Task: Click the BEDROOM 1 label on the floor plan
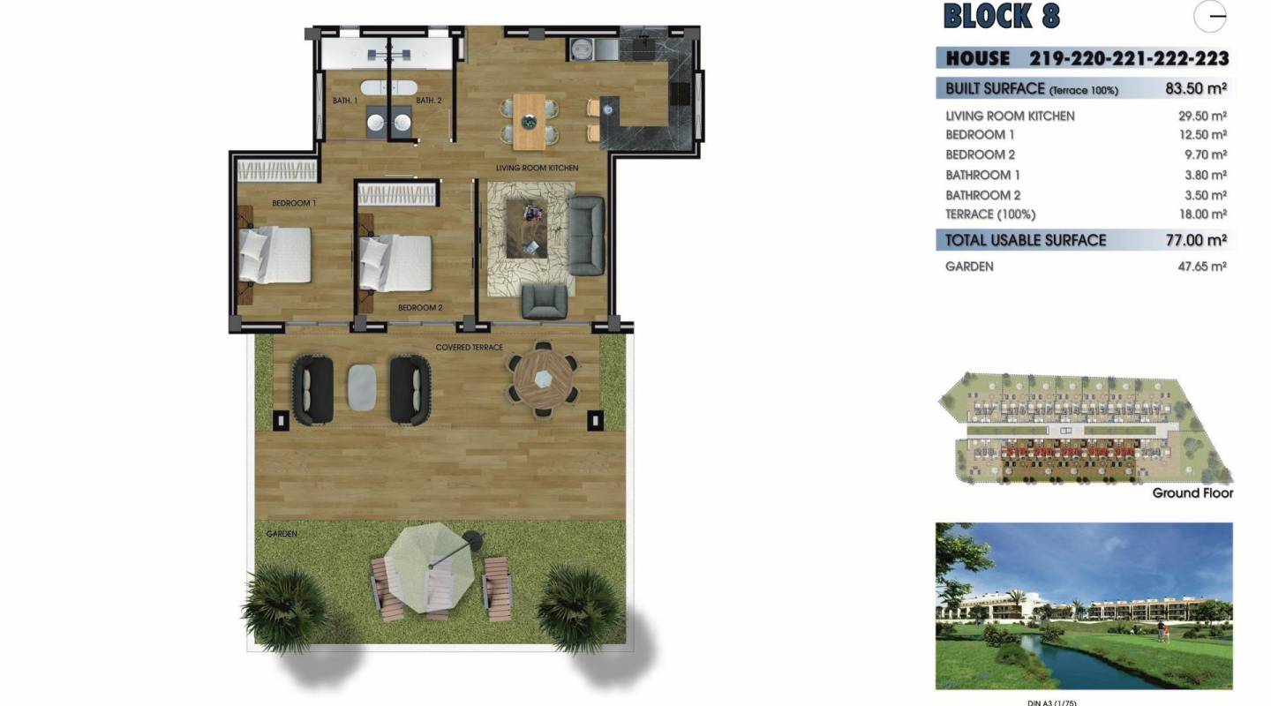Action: [x=294, y=203]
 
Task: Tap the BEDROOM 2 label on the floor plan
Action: [x=420, y=308]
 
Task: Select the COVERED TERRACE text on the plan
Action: [x=469, y=348]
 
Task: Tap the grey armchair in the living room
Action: [x=544, y=301]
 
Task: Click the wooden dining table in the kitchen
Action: [x=530, y=121]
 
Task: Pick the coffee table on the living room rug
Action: [x=527, y=228]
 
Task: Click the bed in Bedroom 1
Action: [x=275, y=255]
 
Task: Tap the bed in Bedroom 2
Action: [x=395, y=262]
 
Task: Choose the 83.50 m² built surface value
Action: [x=1195, y=88]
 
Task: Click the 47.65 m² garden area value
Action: [x=1195, y=266]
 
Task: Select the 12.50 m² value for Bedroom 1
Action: [x=1195, y=135]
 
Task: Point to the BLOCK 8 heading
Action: [x=1001, y=17]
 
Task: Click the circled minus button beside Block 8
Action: [x=1216, y=16]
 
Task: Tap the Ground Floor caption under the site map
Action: [x=1192, y=493]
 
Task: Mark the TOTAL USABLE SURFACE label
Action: [x=1025, y=240]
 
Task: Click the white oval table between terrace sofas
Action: [x=362, y=387]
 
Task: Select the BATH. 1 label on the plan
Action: [x=344, y=101]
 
